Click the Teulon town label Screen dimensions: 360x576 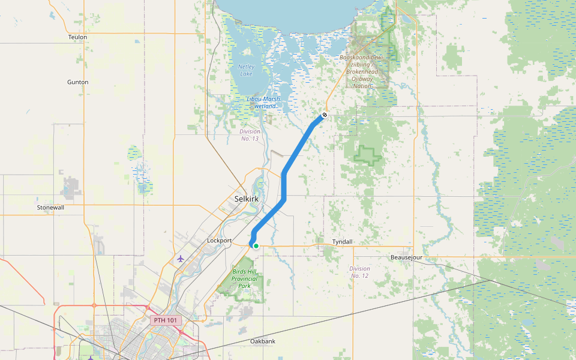(x=78, y=37)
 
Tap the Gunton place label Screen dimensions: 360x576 (x=78, y=82)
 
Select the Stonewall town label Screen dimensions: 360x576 (x=50, y=208)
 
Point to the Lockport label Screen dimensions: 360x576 (x=219, y=241)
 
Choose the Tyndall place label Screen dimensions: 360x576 (x=343, y=242)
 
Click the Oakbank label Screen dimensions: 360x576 (x=263, y=341)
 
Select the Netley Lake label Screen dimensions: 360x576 (x=246, y=70)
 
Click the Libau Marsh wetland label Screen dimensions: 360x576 (x=263, y=103)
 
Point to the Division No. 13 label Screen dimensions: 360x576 (x=249, y=135)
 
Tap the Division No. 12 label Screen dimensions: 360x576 (x=359, y=272)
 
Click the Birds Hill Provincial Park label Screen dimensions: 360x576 (x=244, y=278)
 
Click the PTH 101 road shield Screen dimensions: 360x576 (x=166, y=320)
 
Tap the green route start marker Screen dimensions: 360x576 (x=256, y=245)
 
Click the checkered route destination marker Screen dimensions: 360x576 (x=325, y=115)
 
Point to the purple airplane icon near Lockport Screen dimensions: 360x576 (x=181, y=259)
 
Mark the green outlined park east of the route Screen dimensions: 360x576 (x=367, y=155)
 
